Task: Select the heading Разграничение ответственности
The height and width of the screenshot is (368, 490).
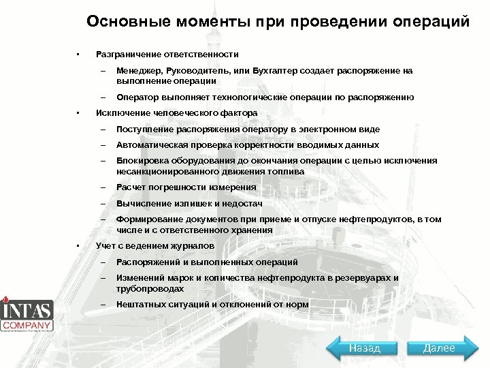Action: (167, 54)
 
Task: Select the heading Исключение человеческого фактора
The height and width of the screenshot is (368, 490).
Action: (177, 112)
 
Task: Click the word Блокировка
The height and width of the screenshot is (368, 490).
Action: (141, 162)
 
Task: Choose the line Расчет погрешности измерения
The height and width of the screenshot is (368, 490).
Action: (186, 187)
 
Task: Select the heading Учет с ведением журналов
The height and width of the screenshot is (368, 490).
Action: (155, 245)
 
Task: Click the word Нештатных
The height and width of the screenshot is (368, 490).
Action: (141, 305)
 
